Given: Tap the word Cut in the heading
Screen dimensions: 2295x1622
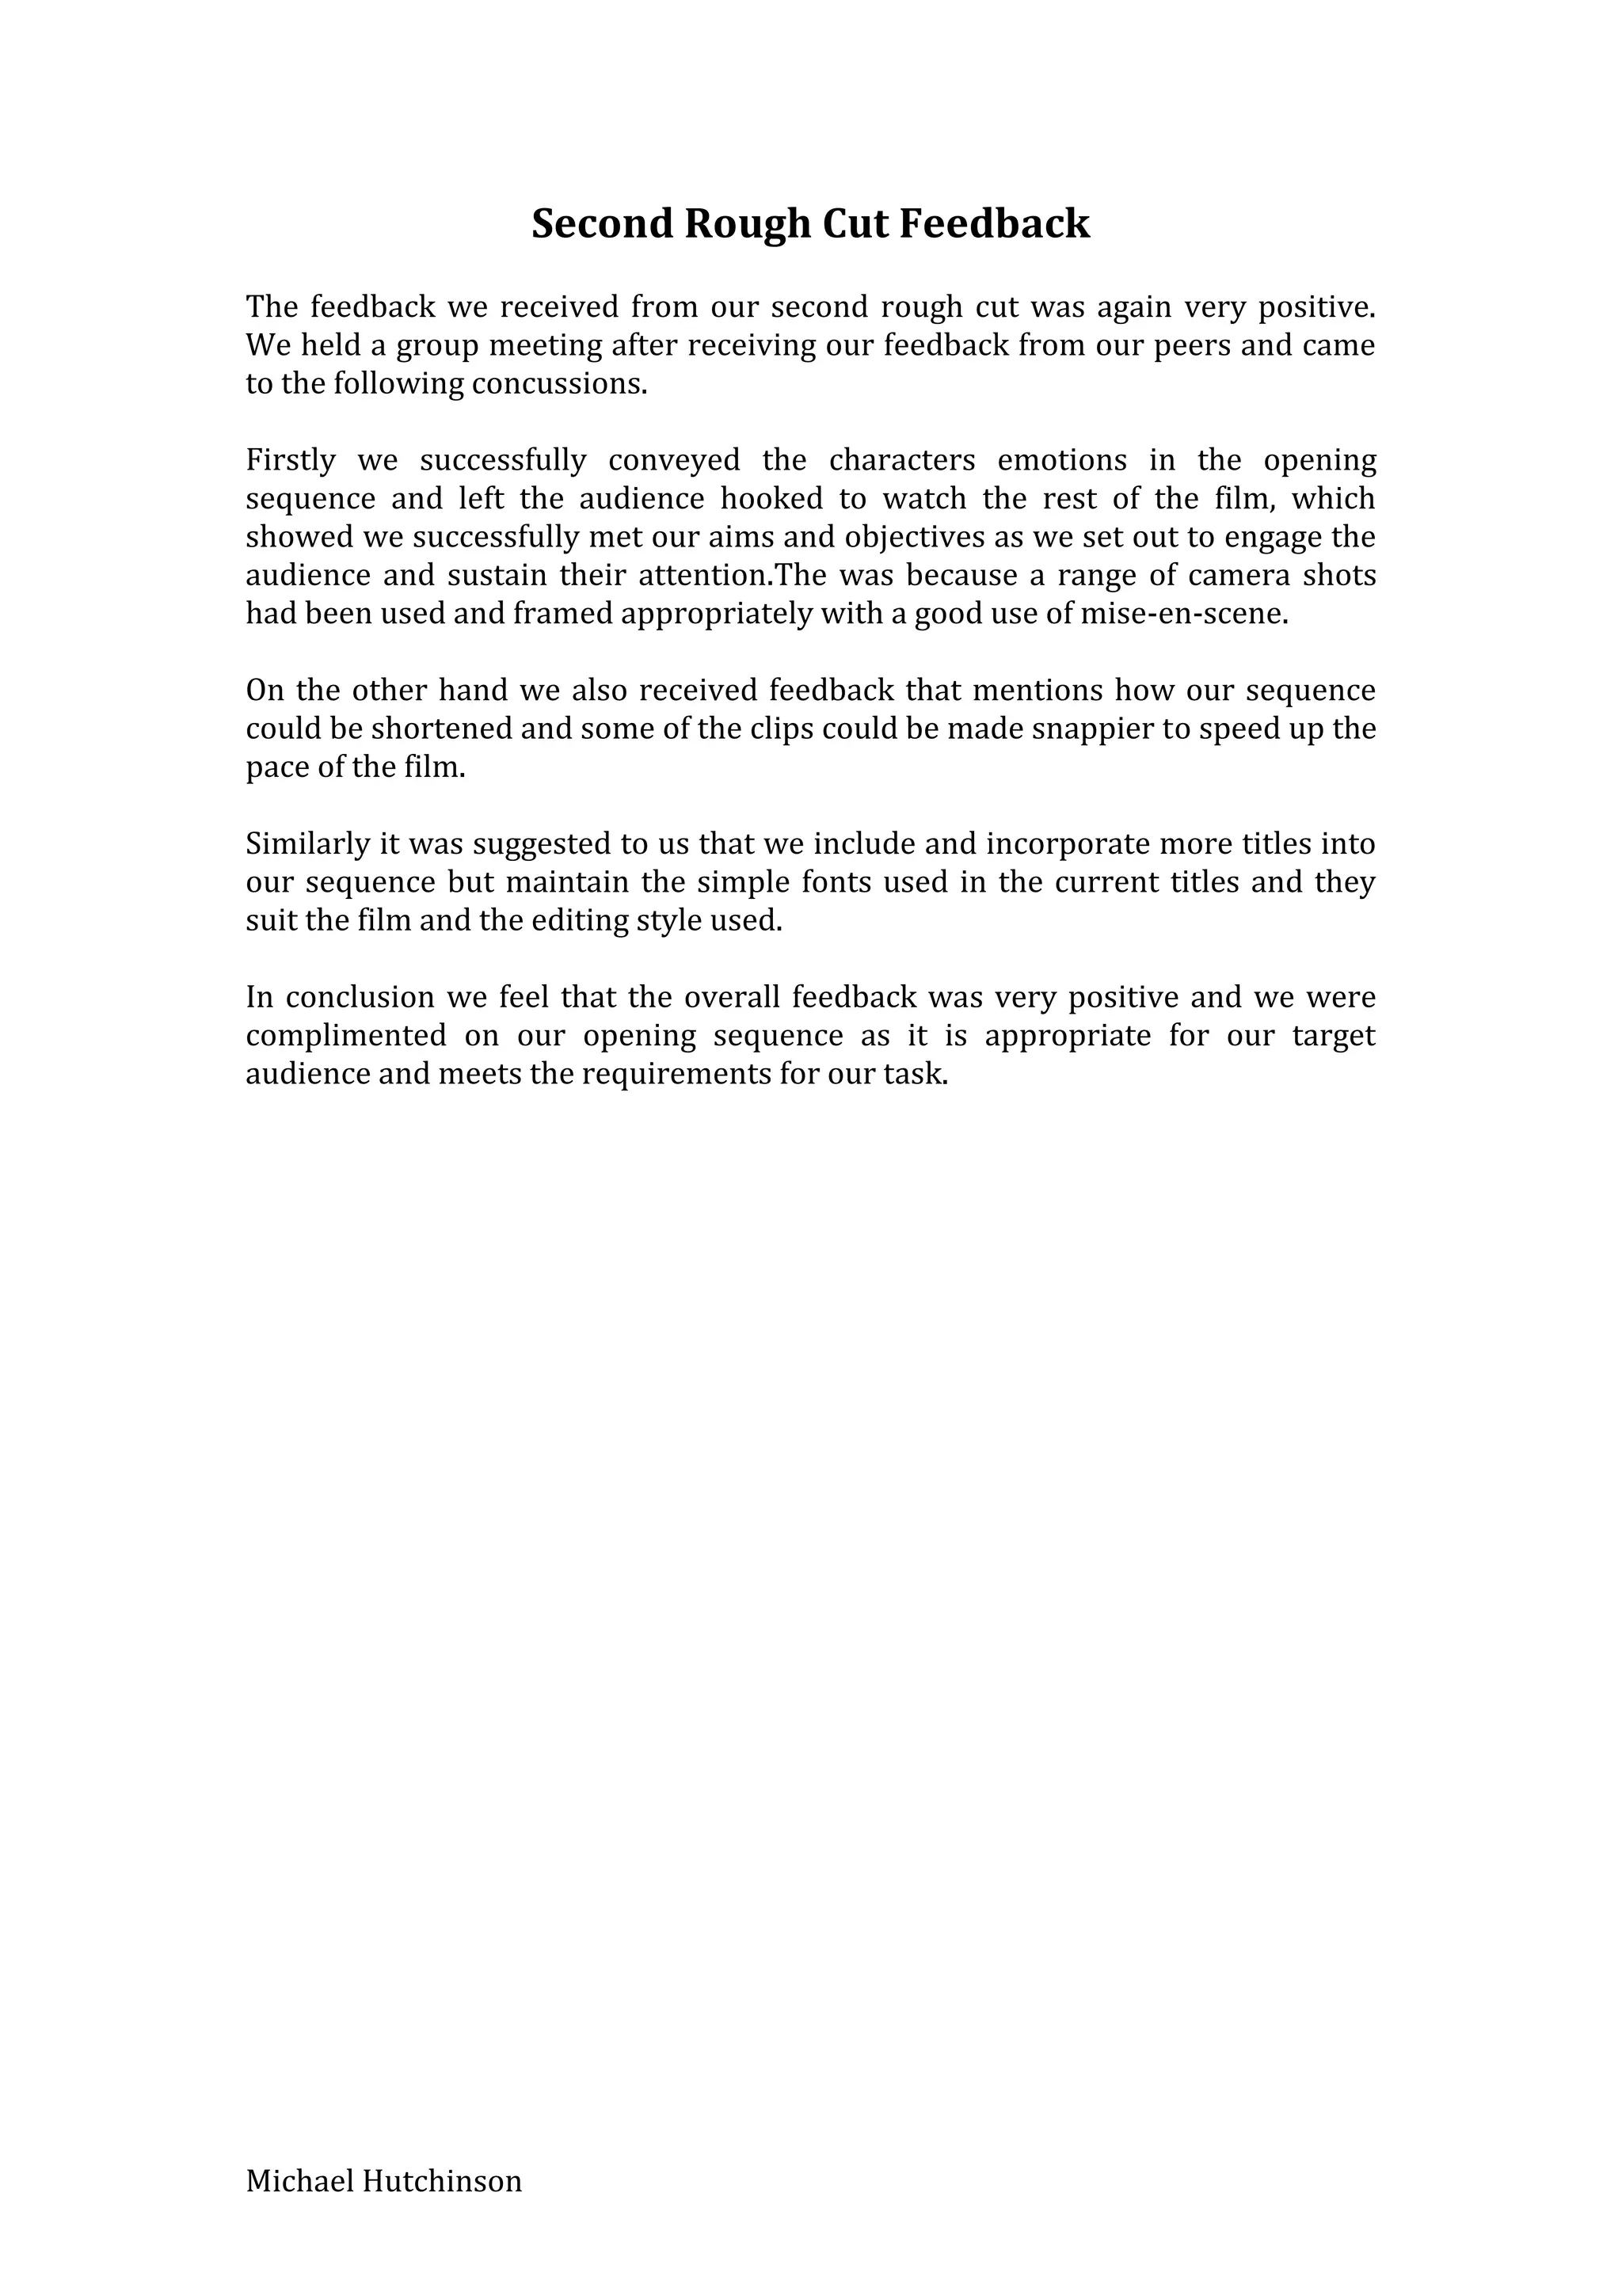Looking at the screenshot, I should point(855,225).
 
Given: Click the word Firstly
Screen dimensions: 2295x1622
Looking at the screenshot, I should point(291,461).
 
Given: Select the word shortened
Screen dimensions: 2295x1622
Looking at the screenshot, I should point(445,729).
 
